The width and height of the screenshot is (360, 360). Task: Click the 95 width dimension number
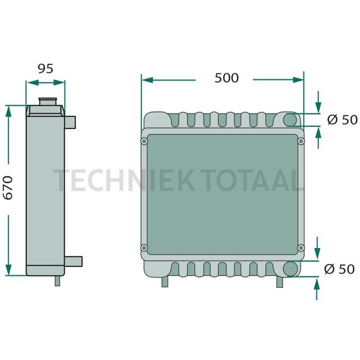[45, 69]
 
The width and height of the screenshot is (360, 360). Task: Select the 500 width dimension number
[227, 78]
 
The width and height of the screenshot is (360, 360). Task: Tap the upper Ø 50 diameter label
[342, 120]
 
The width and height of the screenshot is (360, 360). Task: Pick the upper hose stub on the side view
[71, 121]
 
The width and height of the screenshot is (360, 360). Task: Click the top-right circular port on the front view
[290, 120]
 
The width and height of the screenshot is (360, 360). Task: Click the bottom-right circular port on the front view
[290, 269]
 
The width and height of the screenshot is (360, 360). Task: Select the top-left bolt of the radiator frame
[145, 142]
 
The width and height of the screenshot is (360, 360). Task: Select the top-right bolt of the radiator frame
[302, 142]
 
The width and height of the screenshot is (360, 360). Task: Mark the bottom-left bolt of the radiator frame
[145, 247]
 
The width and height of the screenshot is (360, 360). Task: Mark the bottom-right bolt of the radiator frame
[302, 247]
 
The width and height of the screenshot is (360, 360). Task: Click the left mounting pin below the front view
[164, 281]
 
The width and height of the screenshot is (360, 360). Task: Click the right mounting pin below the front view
[280, 281]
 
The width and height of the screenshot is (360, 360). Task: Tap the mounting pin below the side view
[57, 281]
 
